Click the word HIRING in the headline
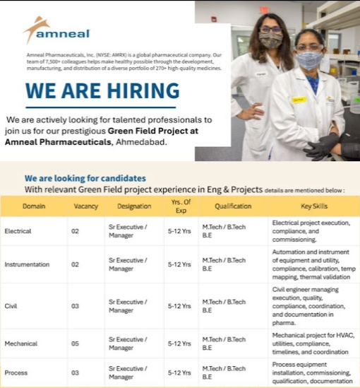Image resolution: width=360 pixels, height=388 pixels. (x=143, y=90)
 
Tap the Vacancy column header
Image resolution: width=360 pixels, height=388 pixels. (x=85, y=206)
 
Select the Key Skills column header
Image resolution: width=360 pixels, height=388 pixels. (x=314, y=206)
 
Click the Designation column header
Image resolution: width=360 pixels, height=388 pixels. (x=134, y=206)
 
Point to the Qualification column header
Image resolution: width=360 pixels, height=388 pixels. (x=233, y=206)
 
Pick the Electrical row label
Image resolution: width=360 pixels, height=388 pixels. (x=18, y=231)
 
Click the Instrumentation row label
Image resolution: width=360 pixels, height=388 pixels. (x=27, y=264)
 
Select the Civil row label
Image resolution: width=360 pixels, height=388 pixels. (x=11, y=306)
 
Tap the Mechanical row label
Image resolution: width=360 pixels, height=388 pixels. (x=21, y=343)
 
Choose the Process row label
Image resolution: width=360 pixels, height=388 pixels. (x=16, y=373)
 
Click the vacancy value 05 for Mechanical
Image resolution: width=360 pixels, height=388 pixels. (x=75, y=343)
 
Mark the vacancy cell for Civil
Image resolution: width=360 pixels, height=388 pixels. (x=75, y=306)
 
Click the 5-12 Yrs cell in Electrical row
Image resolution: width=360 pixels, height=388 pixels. (x=179, y=231)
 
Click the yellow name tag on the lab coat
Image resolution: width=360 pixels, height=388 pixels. (x=299, y=100)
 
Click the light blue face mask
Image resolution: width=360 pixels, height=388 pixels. (x=309, y=60)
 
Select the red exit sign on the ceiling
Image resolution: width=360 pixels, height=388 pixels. (x=263, y=10)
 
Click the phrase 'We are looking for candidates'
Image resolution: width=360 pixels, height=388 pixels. (x=85, y=178)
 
